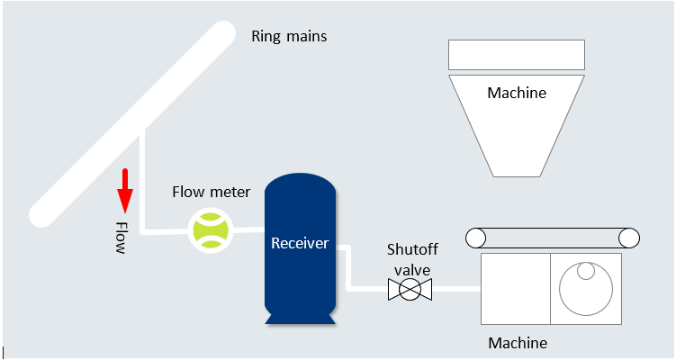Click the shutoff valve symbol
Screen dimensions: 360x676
(410, 290)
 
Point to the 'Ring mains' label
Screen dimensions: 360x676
(288, 37)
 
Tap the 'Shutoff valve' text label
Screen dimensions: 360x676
(410, 258)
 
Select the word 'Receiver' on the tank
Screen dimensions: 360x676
(301, 243)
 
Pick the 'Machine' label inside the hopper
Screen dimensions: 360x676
(516, 93)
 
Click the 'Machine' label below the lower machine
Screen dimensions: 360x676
(517, 343)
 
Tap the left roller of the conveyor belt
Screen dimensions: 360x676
(475, 238)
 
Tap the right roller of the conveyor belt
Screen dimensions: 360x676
(629, 238)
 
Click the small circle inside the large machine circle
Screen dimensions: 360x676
(587, 271)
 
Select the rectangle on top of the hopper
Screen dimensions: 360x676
(517, 55)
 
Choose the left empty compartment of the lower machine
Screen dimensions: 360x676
(516, 289)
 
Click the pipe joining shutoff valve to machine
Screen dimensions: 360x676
(455, 290)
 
